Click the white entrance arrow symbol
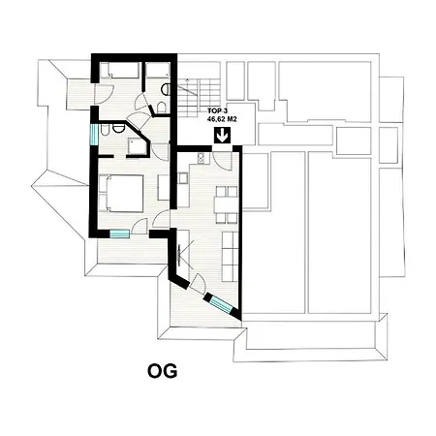(x=222, y=136)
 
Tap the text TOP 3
(x=218, y=111)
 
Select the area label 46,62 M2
(x=222, y=119)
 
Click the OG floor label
(x=163, y=371)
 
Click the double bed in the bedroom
(x=121, y=193)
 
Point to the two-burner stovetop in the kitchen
(x=201, y=157)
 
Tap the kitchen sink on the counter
(x=183, y=178)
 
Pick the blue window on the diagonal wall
(x=221, y=304)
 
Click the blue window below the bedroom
(x=119, y=234)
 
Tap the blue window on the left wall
(x=94, y=135)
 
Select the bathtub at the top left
(x=119, y=70)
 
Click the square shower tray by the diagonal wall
(x=138, y=146)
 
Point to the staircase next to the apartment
(x=199, y=98)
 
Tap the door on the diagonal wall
(x=198, y=284)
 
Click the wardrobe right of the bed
(x=164, y=188)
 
